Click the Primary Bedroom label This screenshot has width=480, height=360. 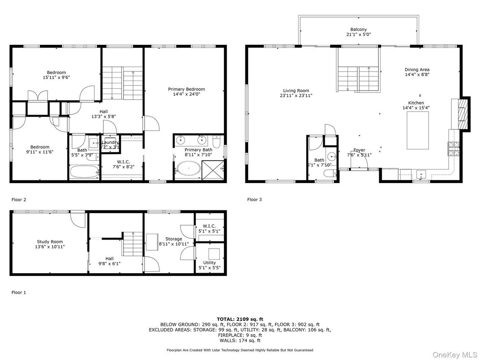click(x=189, y=89)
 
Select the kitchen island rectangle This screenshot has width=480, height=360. click(x=417, y=130)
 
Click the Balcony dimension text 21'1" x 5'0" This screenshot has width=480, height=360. click(x=358, y=34)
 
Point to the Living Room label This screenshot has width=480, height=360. click(x=296, y=90)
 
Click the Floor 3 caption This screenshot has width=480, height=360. click(x=254, y=200)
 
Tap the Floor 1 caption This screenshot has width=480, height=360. click(x=19, y=292)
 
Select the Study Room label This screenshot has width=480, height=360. click(x=49, y=242)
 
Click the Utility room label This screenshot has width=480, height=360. click(x=210, y=263)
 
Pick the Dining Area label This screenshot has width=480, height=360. click(x=417, y=69)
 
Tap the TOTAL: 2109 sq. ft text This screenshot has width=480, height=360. click(x=240, y=319)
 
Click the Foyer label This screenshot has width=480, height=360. click(x=359, y=150)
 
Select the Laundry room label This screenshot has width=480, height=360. click(x=110, y=142)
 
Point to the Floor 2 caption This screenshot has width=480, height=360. click(x=19, y=200)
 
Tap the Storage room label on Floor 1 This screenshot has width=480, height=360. click(x=174, y=239)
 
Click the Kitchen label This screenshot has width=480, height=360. click(x=416, y=103)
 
